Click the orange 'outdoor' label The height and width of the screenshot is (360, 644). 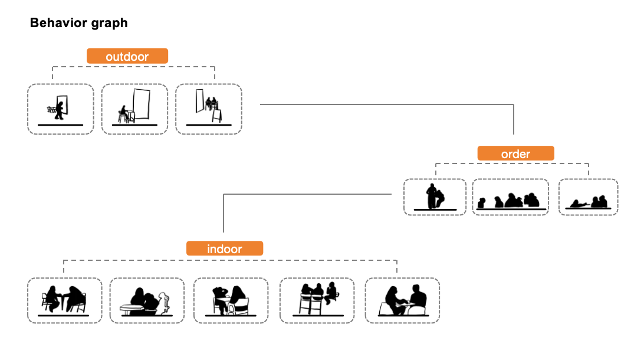(127, 56)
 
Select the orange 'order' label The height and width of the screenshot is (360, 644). (515, 153)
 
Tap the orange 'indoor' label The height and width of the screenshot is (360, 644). (225, 248)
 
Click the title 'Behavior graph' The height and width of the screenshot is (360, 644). (79, 22)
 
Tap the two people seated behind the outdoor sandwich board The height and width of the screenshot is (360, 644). (211, 103)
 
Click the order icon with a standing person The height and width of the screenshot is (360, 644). (435, 197)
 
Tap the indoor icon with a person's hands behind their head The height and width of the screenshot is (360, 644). (231, 300)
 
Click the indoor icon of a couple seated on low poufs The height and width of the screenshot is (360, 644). (403, 300)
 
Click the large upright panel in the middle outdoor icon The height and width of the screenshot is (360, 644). (141, 104)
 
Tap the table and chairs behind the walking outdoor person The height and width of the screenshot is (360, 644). (51, 109)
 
